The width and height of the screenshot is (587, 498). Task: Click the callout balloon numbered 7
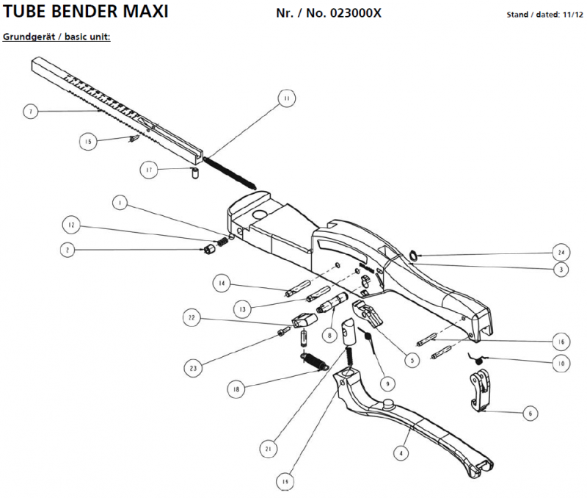[29, 112]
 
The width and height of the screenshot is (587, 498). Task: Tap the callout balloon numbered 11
[285, 98]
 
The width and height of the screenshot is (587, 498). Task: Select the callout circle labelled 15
[88, 141]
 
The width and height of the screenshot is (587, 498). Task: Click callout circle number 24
[559, 253]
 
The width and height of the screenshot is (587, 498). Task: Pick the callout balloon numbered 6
[528, 414]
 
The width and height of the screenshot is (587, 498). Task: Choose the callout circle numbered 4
[401, 453]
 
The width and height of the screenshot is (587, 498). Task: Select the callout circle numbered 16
[560, 342]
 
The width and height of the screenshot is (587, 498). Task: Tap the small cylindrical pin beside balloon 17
[196, 173]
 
